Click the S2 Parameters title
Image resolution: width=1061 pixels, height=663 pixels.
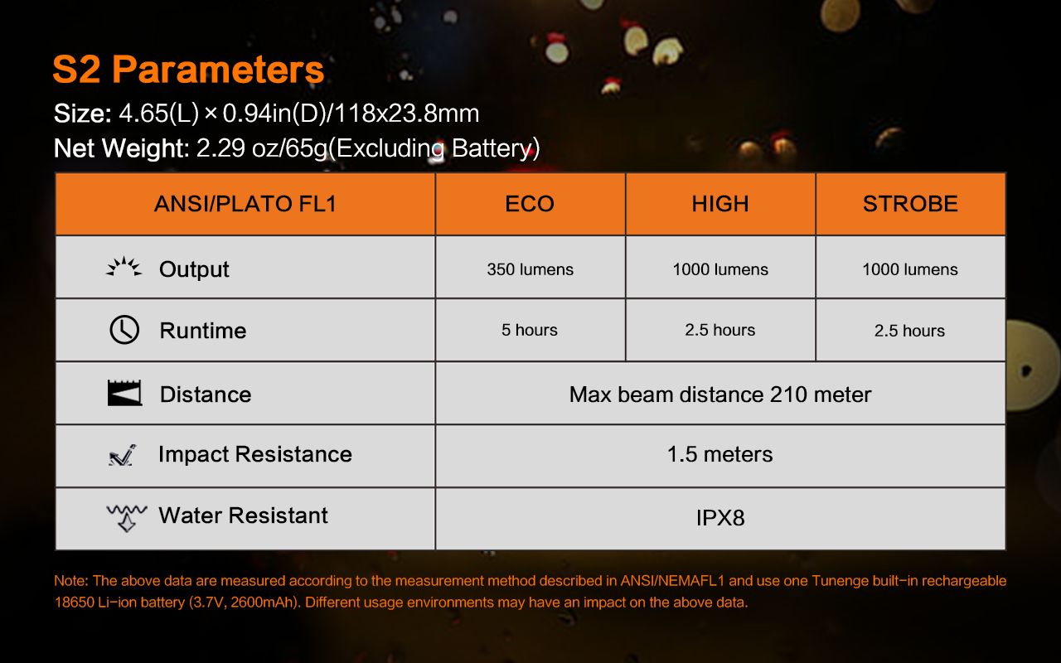pyautogui.click(x=188, y=70)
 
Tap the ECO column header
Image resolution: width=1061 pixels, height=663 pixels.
pyautogui.click(x=530, y=204)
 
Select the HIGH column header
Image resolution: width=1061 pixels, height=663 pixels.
pyautogui.click(x=720, y=204)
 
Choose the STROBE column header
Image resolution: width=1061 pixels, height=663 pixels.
pyautogui.click(x=910, y=204)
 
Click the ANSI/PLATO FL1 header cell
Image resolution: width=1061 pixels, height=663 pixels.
pyautogui.click(x=245, y=204)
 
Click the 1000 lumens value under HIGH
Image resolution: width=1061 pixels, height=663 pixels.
pyautogui.click(x=720, y=269)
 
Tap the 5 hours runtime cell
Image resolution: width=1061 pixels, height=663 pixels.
pyautogui.click(x=530, y=330)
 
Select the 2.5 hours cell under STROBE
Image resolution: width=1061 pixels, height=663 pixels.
pyautogui.click(x=909, y=331)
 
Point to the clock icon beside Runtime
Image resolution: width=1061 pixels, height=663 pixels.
pyautogui.click(x=124, y=330)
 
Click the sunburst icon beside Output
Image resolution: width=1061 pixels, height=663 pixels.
pyautogui.click(x=124, y=267)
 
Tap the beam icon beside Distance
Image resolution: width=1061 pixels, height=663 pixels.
pyautogui.click(x=124, y=393)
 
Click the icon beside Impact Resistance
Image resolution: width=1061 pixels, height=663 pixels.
pyautogui.click(x=122, y=455)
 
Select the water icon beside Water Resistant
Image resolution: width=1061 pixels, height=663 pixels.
pyautogui.click(x=127, y=518)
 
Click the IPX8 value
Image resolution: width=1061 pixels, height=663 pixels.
pyautogui.click(x=720, y=518)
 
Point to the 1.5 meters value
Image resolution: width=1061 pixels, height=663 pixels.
pyautogui.click(x=720, y=455)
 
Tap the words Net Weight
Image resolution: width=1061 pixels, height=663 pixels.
pyautogui.click(x=122, y=148)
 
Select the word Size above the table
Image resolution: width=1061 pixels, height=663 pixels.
pyautogui.click(x=82, y=114)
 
